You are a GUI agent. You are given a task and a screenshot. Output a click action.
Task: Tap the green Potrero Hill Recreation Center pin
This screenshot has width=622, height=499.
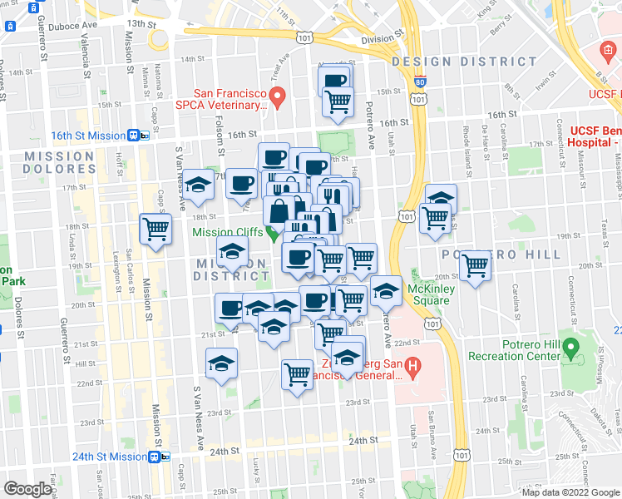point(570,347)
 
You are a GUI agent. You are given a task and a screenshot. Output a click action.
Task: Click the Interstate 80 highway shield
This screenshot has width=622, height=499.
point(419,82)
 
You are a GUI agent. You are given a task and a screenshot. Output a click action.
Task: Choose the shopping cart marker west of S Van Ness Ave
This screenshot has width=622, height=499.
point(155,229)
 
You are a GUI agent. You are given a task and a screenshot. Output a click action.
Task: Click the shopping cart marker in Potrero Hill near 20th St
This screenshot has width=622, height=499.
point(475,266)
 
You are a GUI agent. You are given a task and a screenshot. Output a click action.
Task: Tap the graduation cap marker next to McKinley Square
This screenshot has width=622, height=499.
point(385,291)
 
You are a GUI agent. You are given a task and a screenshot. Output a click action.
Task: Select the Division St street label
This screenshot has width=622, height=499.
point(382,38)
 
